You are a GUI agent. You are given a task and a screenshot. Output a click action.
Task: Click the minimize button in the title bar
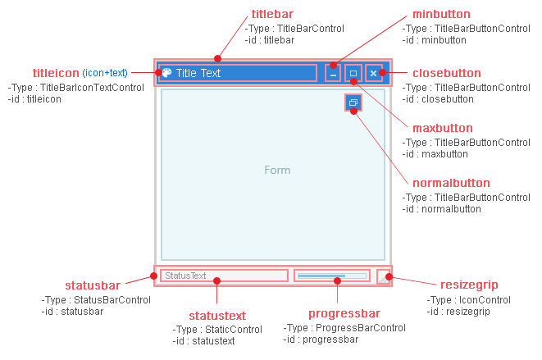click(333, 73)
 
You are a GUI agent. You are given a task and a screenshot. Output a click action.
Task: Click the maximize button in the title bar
click(353, 73)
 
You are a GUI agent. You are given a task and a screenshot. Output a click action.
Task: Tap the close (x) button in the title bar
click(374, 73)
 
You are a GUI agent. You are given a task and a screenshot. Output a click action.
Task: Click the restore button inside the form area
click(353, 103)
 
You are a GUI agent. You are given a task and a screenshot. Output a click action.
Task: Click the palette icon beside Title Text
click(166, 72)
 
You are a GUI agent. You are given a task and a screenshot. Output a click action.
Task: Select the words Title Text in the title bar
click(198, 73)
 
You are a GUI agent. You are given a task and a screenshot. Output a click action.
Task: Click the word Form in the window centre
click(277, 171)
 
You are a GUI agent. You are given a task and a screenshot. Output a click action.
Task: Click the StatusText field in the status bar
click(224, 276)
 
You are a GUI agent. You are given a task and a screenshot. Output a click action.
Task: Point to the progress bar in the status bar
click(332, 276)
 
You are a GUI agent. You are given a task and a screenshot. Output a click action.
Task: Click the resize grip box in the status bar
click(384, 276)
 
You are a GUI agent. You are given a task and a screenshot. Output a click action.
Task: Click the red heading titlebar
click(271, 14)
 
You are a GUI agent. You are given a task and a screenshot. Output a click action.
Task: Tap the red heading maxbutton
click(442, 128)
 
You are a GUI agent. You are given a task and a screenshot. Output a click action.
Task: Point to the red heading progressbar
click(344, 314)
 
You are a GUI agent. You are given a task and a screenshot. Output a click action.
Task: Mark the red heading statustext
click(217, 316)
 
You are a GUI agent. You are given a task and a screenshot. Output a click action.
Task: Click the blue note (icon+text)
click(105, 73)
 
